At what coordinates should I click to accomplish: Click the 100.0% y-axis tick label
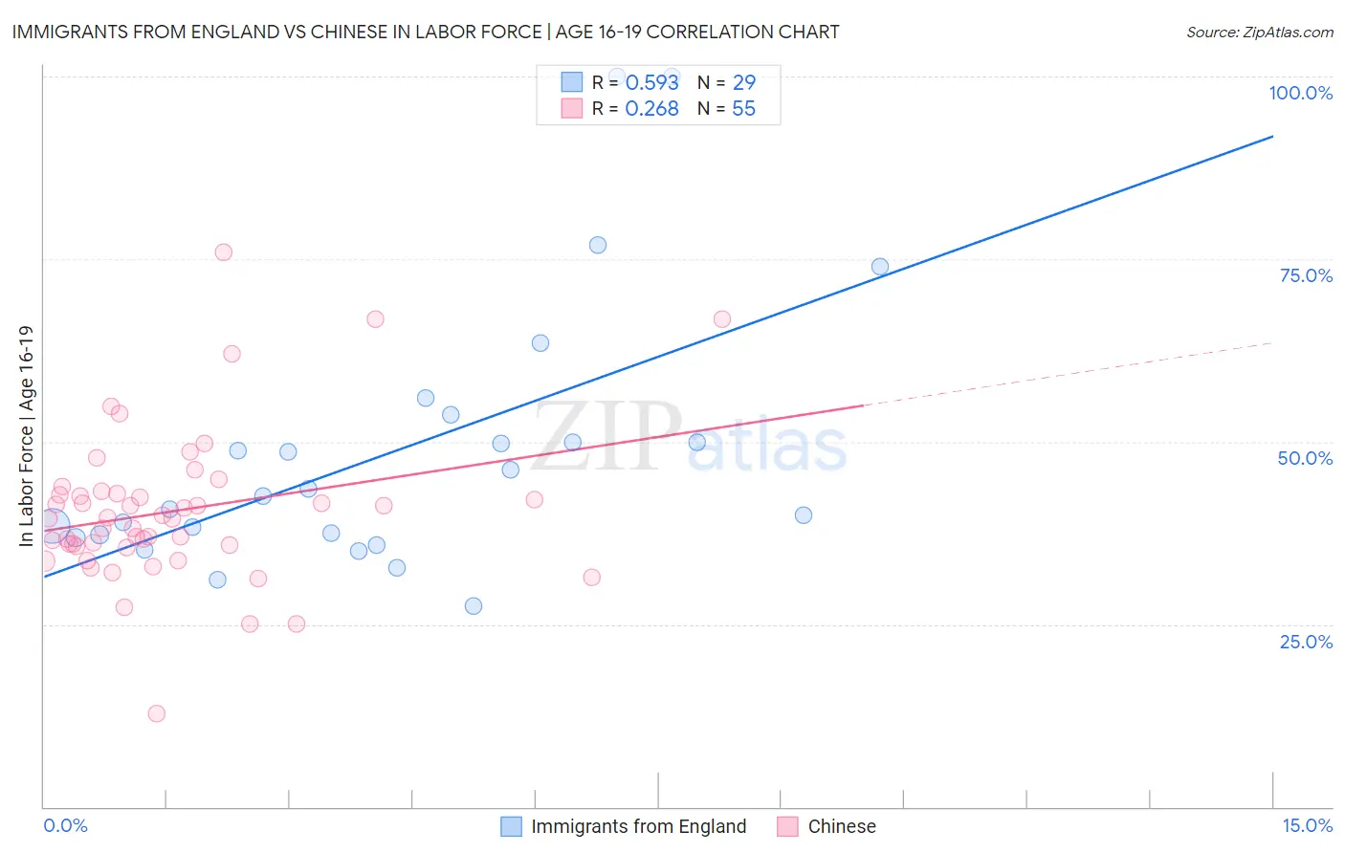1300,93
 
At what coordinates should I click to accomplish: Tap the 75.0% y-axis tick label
1306,275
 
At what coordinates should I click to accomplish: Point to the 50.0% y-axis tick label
1305,458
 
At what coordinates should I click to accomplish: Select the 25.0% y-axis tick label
1306,641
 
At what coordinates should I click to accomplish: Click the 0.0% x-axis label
65,825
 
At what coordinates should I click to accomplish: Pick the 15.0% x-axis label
1307,825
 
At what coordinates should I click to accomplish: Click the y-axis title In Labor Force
26,436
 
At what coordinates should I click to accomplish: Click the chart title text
426,32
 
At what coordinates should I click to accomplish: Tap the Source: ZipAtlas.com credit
1259,32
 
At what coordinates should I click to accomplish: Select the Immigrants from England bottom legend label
638,826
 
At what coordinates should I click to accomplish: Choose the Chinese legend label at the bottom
841,826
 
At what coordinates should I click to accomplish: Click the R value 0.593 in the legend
651,82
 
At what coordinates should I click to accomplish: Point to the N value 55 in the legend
743,109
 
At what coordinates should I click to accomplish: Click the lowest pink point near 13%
157,713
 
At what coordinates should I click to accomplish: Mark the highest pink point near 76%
224,252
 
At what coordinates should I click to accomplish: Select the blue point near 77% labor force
598,245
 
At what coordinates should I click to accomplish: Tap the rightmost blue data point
880,267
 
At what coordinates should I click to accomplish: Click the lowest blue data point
474,606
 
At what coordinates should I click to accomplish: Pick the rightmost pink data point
722,319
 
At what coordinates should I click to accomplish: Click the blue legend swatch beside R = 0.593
571,82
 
